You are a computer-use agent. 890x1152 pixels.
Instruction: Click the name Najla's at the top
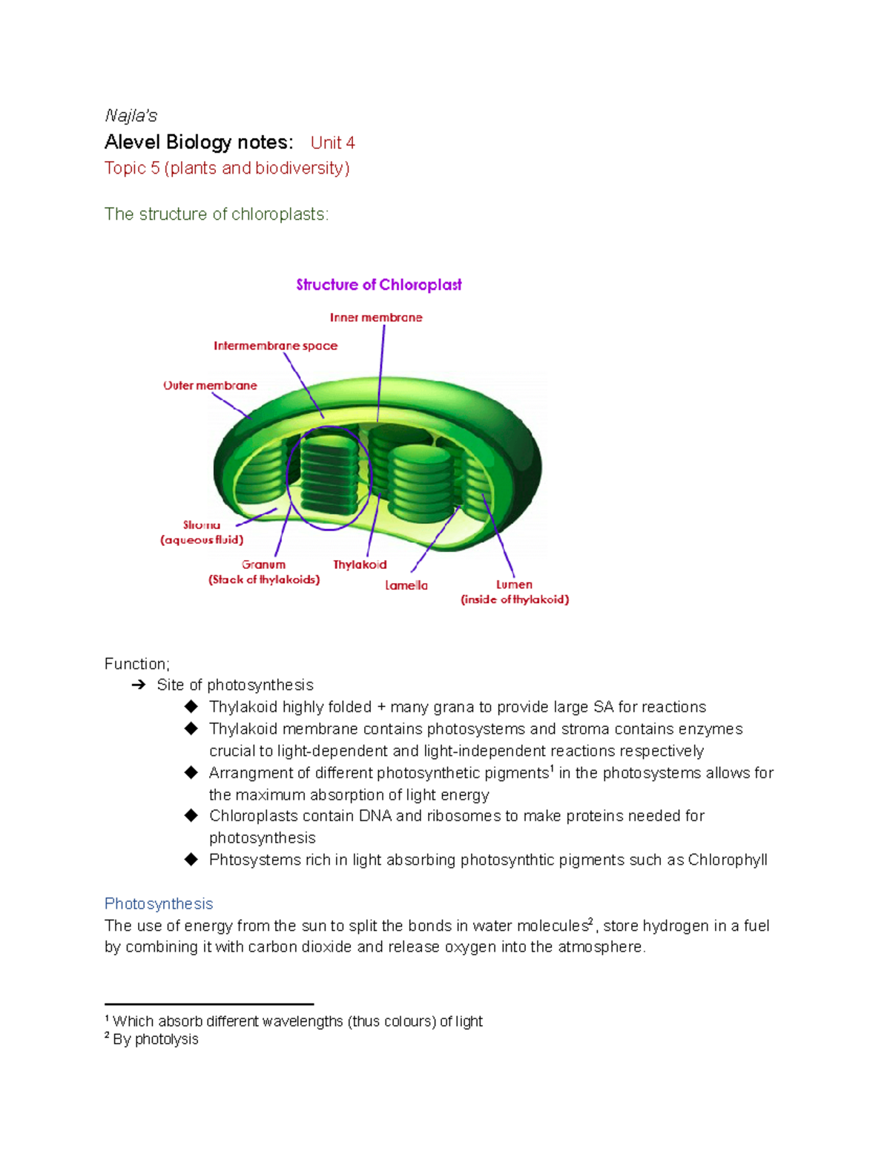[131, 116]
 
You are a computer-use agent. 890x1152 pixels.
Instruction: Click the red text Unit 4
[332, 142]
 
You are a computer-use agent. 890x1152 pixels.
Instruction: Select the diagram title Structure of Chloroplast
[378, 285]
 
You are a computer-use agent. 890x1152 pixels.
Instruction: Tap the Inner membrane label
[376, 317]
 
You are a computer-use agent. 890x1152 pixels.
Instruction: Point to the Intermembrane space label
[275, 346]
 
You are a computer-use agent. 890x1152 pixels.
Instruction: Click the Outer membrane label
[210, 386]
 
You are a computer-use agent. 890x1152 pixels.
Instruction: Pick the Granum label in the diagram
[263, 565]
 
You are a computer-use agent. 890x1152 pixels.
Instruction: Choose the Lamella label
[406, 585]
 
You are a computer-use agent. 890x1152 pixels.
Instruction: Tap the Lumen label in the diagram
[514, 585]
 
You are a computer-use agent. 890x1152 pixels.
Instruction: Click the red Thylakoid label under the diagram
[360, 565]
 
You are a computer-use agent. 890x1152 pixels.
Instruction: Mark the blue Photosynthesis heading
[159, 904]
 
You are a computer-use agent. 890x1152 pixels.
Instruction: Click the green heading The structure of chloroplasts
[217, 214]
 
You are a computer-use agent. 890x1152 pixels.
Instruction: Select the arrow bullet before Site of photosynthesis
[138, 685]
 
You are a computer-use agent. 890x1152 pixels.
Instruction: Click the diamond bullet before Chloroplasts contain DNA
[191, 816]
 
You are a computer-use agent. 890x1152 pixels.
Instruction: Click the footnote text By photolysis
[156, 1039]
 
